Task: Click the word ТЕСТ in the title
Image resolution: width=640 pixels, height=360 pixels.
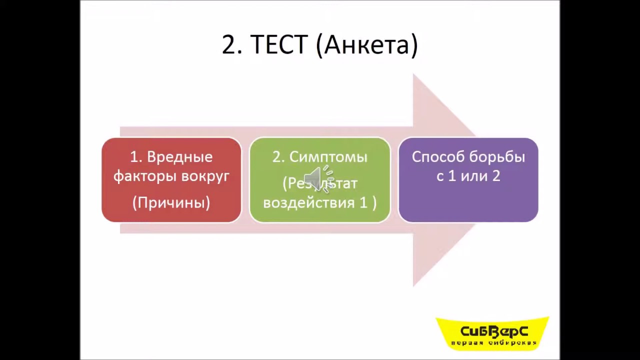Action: click(x=278, y=45)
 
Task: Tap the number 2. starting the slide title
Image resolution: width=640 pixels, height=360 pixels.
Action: click(x=232, y=45)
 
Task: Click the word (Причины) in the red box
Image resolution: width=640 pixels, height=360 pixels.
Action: click(x=171, y=202)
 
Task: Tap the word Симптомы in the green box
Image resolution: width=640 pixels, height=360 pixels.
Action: click(x=328, y=157)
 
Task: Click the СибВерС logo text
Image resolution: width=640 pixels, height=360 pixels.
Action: click(x=494, y=331)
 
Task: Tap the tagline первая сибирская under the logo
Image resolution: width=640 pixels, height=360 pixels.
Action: click(x=493, y=343)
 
